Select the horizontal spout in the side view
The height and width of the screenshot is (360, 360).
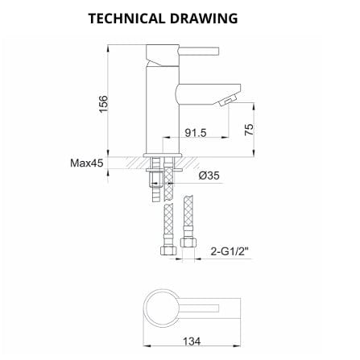tap(197, 89)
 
